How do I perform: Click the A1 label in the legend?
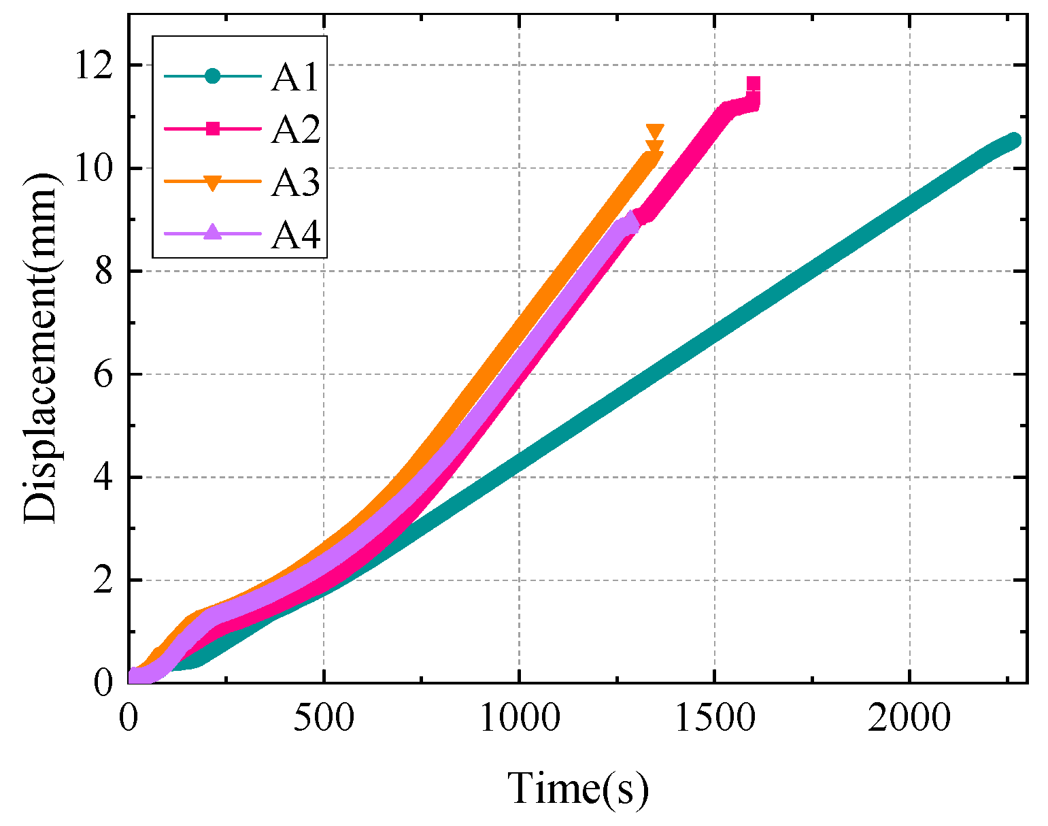click(294, 77)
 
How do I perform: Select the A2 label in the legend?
click(294, 129)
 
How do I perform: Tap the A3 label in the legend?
click(294, 182)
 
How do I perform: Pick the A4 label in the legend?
click(294, 234)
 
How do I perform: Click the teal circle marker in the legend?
click(213, 76)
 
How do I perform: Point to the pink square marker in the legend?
click(213, 129)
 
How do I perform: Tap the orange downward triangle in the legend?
click(213, 182)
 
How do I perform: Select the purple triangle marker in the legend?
click(213, 233)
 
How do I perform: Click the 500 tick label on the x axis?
click(323, 717)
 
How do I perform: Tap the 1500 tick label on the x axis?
click(714, 717)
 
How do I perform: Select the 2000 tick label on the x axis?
click(909, 717)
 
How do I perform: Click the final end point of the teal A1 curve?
click(1014, 139)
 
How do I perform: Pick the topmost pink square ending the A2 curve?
click(753, 84)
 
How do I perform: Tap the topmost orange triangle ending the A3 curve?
click(654, 132)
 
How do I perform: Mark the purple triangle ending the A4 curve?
click(632, 220)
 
